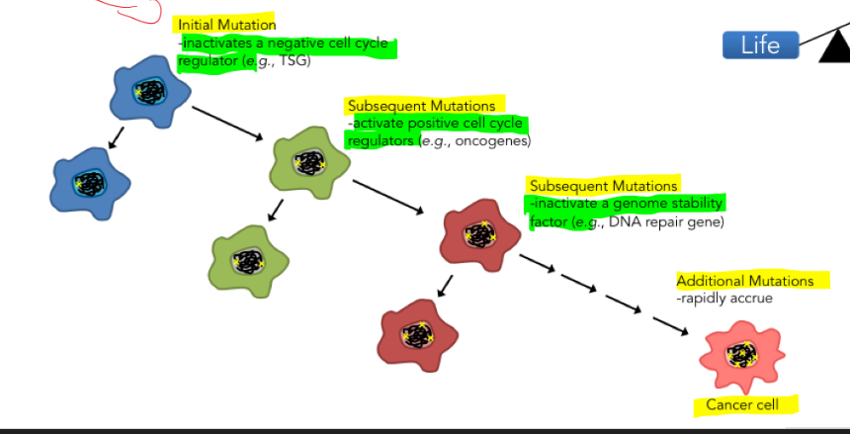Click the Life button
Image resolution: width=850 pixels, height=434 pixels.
coord(760,44)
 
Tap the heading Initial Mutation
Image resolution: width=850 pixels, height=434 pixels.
coord(227,24)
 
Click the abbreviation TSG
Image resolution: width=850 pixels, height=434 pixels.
coord(296,61)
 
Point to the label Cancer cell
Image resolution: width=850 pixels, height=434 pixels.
coord(742,404)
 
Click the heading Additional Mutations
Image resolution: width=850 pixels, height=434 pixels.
coord(745,282)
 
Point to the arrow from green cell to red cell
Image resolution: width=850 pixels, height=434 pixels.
coord(387,197)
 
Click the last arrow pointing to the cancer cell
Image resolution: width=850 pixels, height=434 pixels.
coord(668,325)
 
